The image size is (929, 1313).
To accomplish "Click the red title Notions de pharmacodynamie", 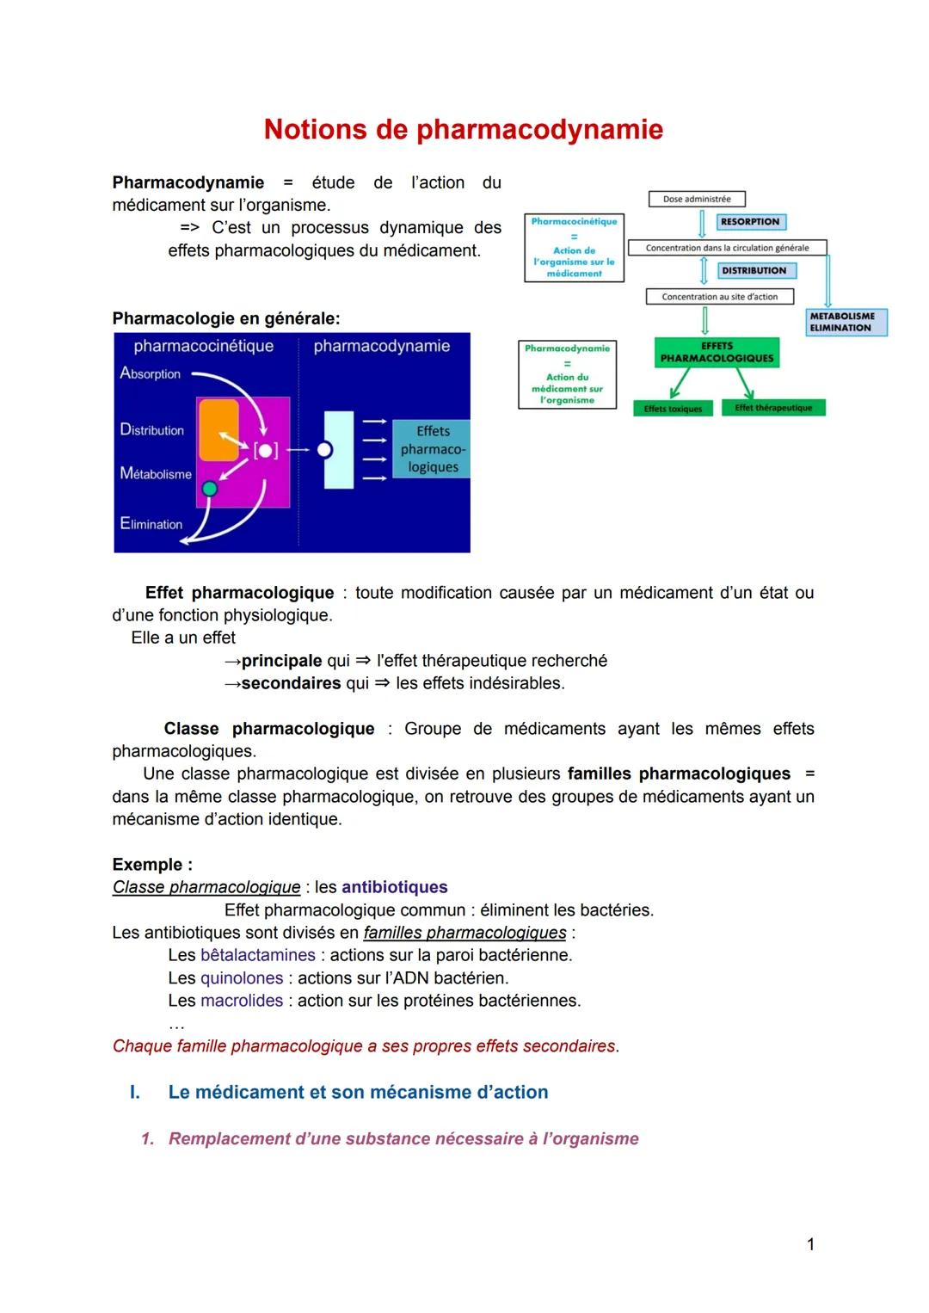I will [463, 129].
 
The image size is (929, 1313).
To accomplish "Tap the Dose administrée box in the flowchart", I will [696, 199].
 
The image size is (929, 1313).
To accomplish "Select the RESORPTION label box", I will [750, 222].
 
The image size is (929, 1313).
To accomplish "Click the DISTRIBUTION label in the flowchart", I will [754, 270].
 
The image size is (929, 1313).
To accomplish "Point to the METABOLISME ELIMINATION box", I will [846, 322].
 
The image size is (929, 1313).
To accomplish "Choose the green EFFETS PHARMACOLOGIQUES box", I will [717, 353].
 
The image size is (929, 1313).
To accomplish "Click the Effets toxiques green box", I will [673, 409].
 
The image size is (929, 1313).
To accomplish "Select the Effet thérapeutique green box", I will [773, 408].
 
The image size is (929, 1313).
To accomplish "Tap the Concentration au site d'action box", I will [719, 297].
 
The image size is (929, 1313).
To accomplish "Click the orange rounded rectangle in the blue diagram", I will [218, 430].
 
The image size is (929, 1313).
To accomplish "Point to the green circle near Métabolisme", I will [209, 489].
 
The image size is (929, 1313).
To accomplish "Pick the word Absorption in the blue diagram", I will [151, 373].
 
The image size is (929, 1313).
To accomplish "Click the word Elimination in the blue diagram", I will [151, 524].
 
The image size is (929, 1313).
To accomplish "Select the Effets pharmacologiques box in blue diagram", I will [432, 449].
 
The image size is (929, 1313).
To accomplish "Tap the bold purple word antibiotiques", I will [394, 887].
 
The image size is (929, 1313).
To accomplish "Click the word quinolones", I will [242, 978].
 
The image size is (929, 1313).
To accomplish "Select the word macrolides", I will [242, 1001].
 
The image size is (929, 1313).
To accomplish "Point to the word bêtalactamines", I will [258, 955].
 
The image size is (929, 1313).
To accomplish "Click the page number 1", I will [810, 1244].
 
